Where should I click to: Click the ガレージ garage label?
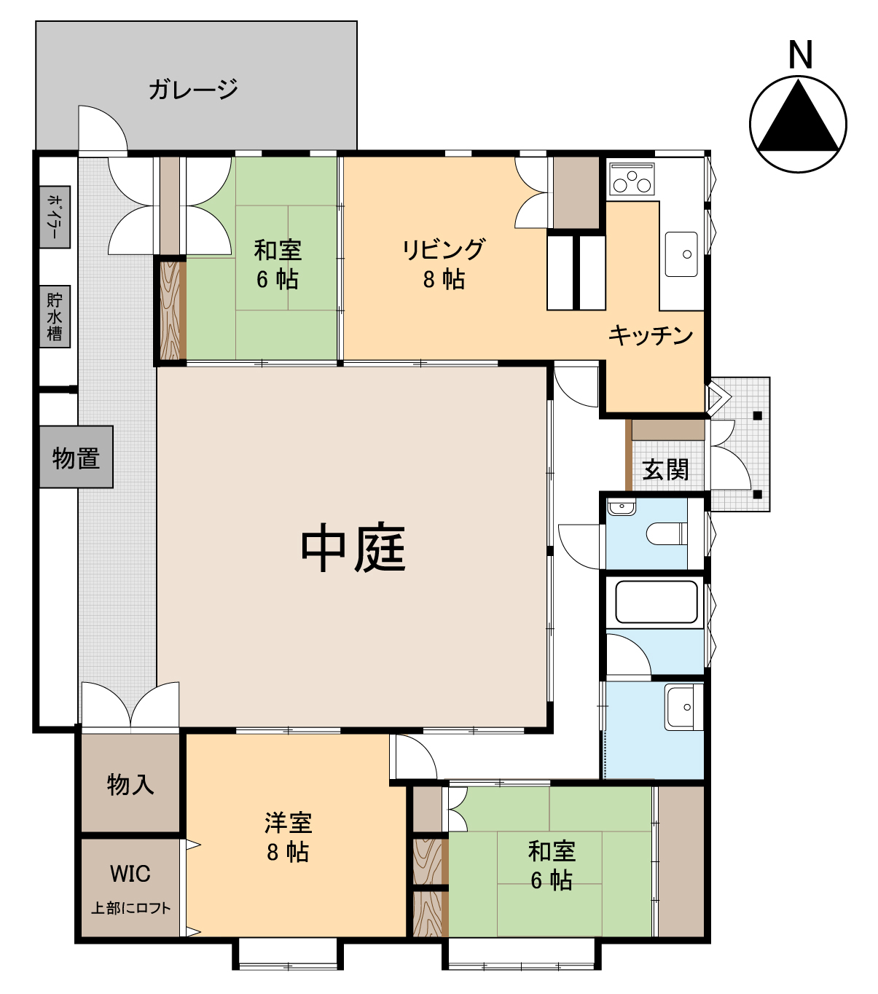tap(193, 90)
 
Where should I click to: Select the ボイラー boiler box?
tap(55, 217)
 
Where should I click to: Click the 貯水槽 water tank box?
tap(55, 316)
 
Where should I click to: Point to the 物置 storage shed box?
tap(76, 457)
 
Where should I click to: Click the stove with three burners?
tap(632, 179)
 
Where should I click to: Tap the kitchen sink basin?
tap(681, 254)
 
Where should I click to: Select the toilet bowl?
tap(667, 533)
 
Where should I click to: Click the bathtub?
tap(656, 601)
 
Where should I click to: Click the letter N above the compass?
tap(800, 55)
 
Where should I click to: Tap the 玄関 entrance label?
tap(665, 469)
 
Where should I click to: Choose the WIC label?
tap(130, 874)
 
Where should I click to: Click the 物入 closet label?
tap(130, 784)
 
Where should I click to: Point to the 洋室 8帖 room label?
tap(288, 837)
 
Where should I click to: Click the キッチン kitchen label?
tap(651, 335)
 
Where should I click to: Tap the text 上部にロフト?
tap(131, 908)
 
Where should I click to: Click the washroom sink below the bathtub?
tap(683, 707)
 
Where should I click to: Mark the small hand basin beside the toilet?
tap(622, 506)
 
